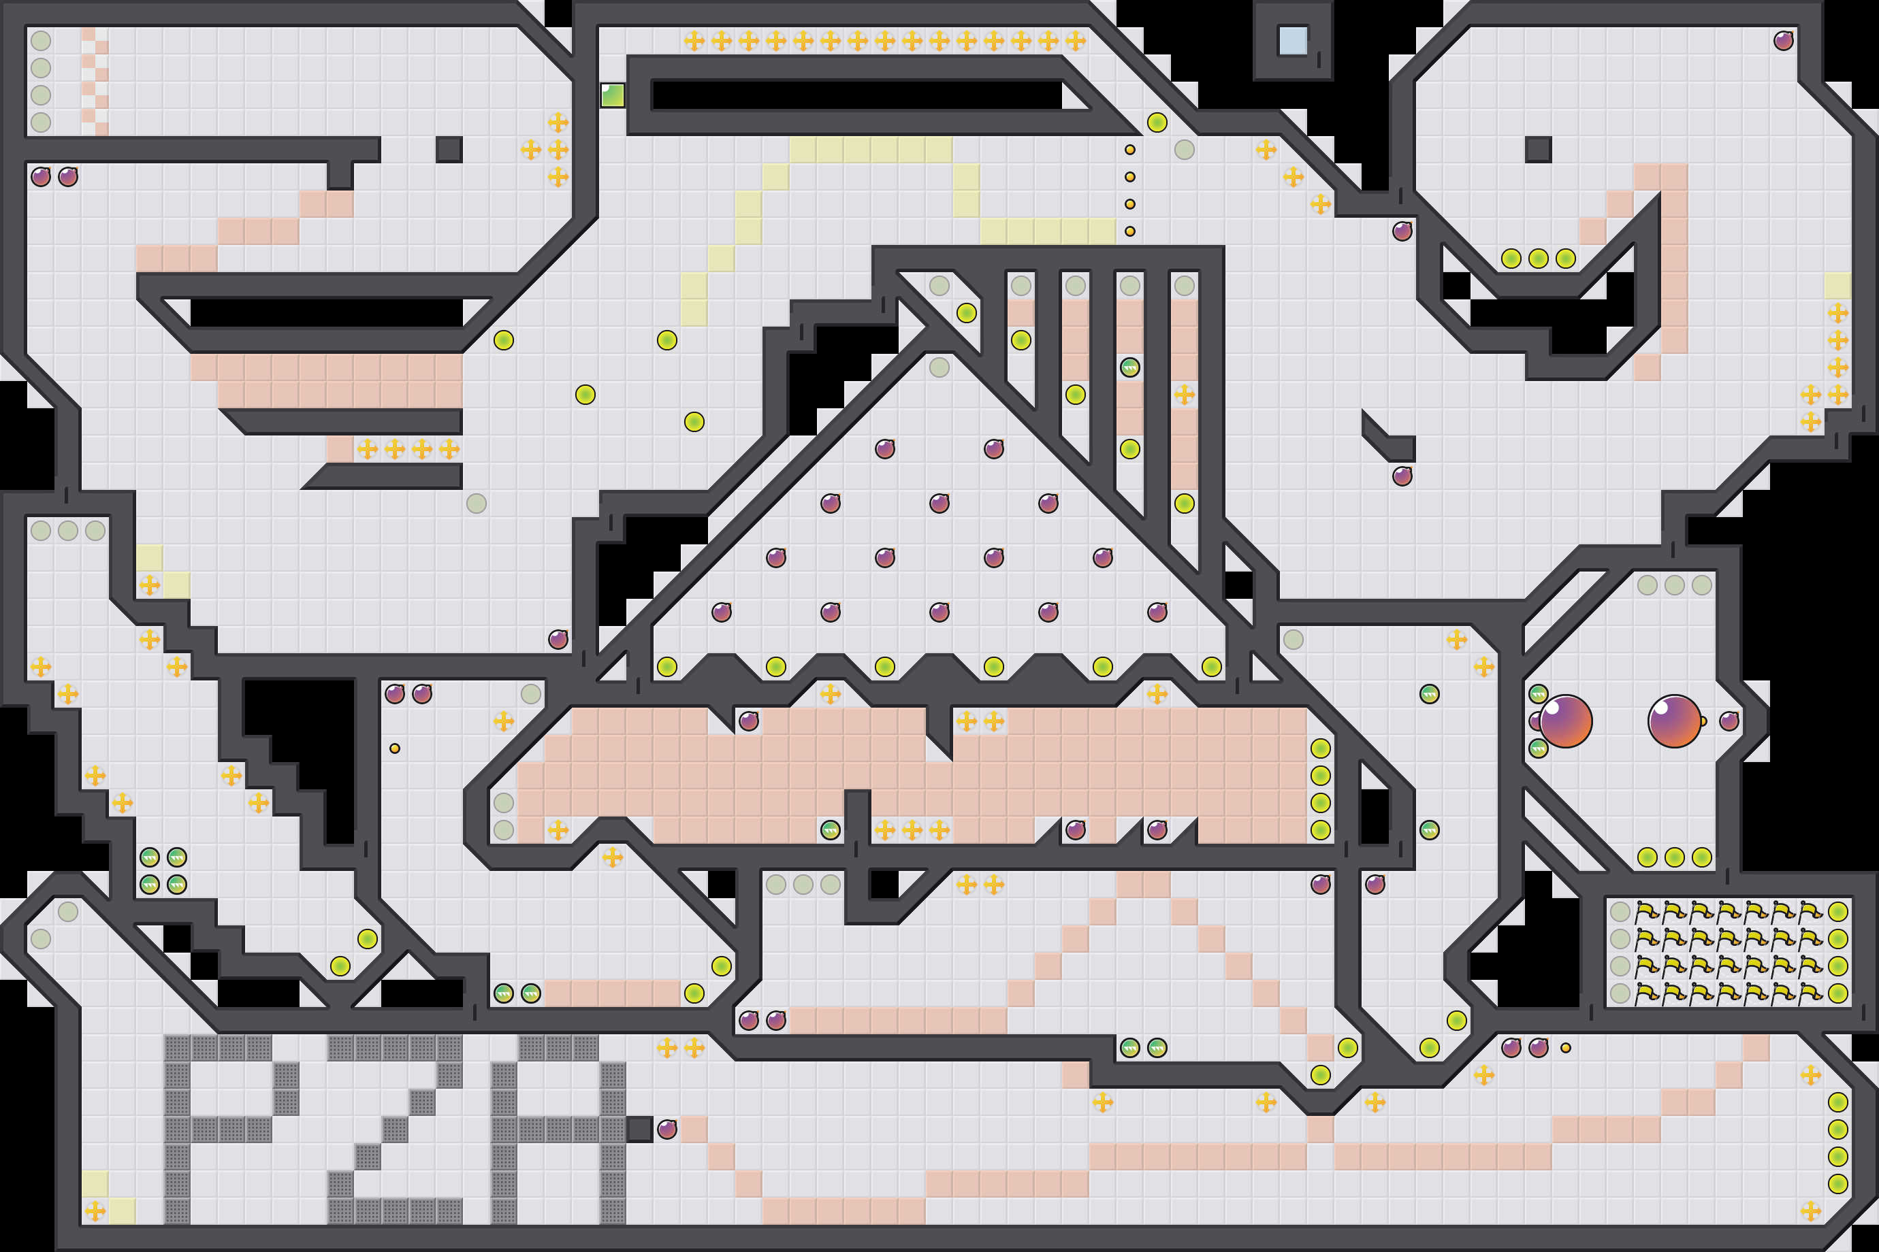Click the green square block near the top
point(613,95)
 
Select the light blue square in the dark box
point(1293,41)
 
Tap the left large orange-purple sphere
point(1565,721)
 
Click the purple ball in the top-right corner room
point(1783,41)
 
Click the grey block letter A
point(558,1129)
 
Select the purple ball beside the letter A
point(667,1129)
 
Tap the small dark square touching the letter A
point(640,1129)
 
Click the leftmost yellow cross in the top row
point(694,41)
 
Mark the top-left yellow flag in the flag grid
point(1647,911)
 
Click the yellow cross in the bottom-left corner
point(95,1210)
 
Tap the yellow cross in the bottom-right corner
point(1810,1210)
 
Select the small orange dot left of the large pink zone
point(395,748)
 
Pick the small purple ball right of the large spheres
point(1729,721)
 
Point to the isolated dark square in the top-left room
point(449,149)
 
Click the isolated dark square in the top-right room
point(1538,149)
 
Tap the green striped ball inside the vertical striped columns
point(1129,367)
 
